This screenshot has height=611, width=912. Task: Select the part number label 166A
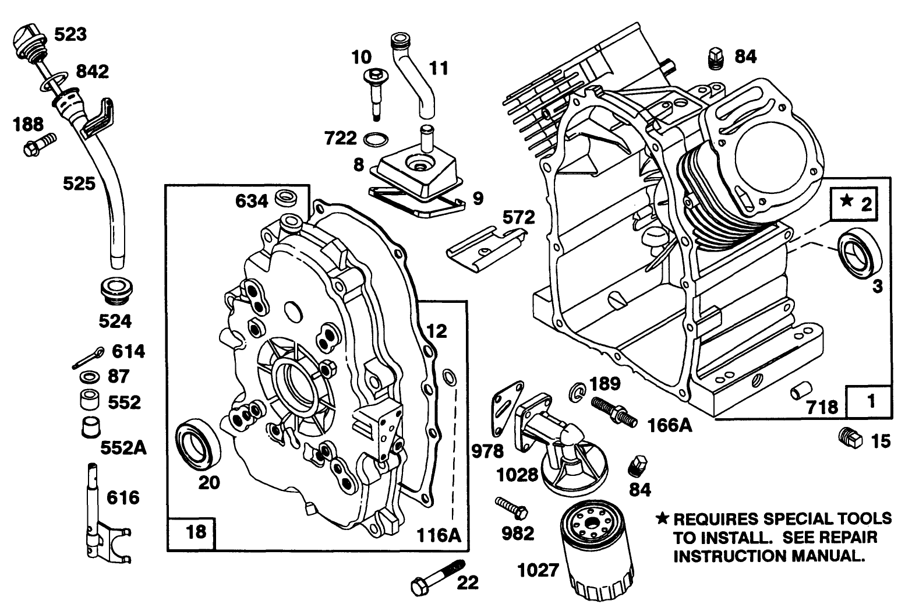pyautogui.click(x=669, y=426)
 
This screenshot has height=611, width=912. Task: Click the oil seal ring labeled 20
pyautogui.click(x=199, y=446)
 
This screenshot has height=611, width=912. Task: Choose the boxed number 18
pyautogui.click(x=195, y=531)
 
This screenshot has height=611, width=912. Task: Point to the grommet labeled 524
pyautogui.click(x=116, y=291)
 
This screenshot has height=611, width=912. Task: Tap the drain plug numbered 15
pyautogui.click(x=850, y=437)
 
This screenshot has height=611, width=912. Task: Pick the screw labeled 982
pyautogui.click(x=511, y=507)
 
